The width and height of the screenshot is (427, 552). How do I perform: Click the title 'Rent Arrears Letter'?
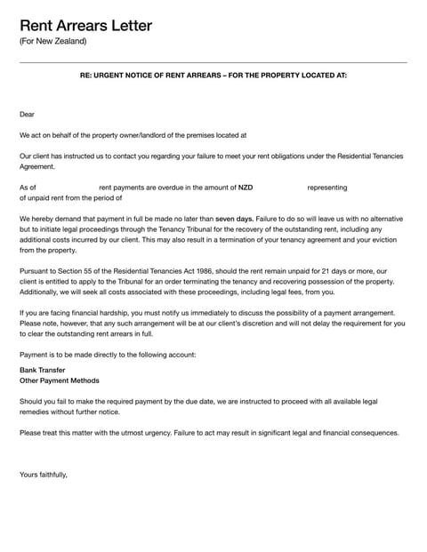[85, 25]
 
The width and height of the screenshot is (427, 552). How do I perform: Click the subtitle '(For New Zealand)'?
[53, 42]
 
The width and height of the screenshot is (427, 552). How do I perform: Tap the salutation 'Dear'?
[28, 115]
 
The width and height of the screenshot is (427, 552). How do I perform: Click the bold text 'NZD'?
[246, 188]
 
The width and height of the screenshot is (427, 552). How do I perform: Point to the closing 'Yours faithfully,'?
[44, 475]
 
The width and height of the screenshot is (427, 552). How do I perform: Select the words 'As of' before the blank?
[28, 188]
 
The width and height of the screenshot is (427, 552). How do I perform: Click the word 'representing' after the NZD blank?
[326, 188]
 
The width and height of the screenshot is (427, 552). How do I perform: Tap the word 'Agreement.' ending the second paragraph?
[37, 166]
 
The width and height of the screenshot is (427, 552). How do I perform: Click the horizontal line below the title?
[213, 62]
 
